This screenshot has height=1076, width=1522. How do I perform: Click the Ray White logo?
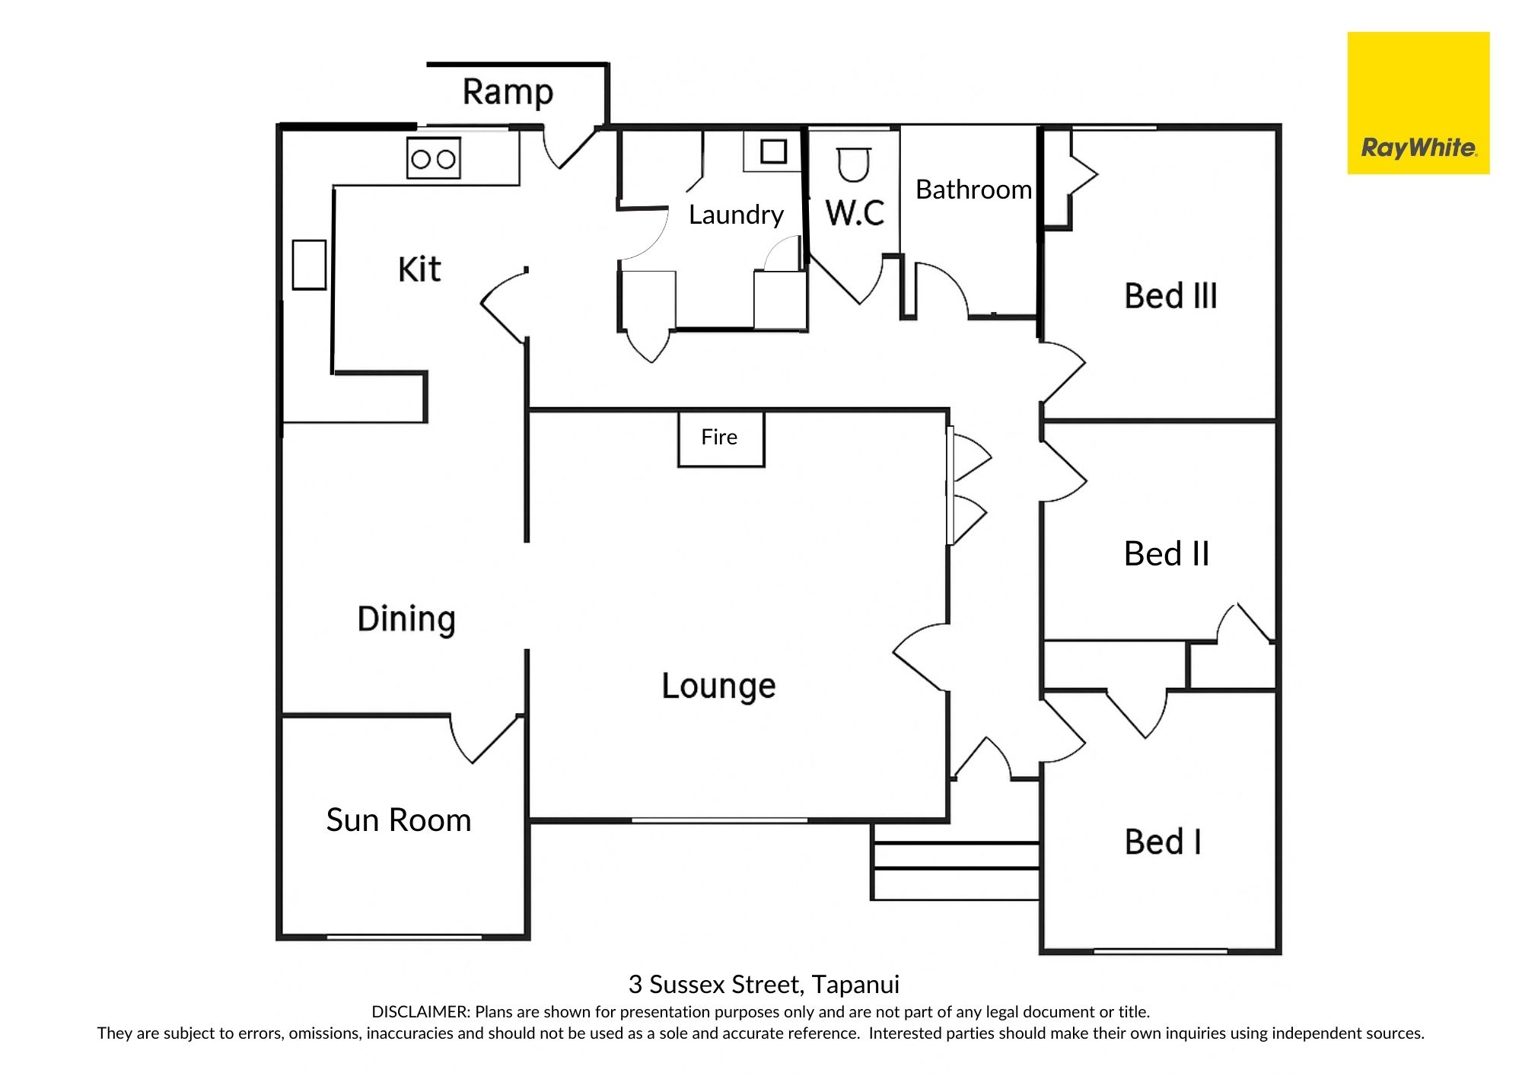[x=1419, y=103]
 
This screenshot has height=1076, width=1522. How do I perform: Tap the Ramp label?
[x=508, y=92]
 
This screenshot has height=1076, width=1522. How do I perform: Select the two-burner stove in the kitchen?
[x=434, y=158]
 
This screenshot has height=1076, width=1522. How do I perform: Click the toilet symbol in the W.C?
[x=853, y=165]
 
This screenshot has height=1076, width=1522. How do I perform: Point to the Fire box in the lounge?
[x=721, y=439]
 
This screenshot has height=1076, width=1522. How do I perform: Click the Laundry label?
[x=736, y=215]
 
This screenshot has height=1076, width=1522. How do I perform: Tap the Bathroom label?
[x=973, y=189]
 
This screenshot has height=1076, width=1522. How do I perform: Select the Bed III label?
[x=1170, y=296]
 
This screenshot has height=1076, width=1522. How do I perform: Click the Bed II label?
[x=1167, y=554]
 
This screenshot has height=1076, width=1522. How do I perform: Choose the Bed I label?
[x=1163, y=842]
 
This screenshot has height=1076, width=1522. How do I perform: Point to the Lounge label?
[x=718, y=686]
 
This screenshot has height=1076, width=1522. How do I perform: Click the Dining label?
[x=406, y=619]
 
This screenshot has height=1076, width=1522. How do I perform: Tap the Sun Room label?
[x=399, y=820]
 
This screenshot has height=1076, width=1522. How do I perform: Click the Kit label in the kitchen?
[x=419, y=269]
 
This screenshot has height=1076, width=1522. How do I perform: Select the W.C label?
[x=855, y=214]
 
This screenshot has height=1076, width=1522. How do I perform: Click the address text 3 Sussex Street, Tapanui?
[x=764, y=985]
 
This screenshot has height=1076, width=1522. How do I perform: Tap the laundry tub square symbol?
[x=773, y=151]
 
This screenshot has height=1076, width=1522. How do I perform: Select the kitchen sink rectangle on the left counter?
[x=310, y=265]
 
